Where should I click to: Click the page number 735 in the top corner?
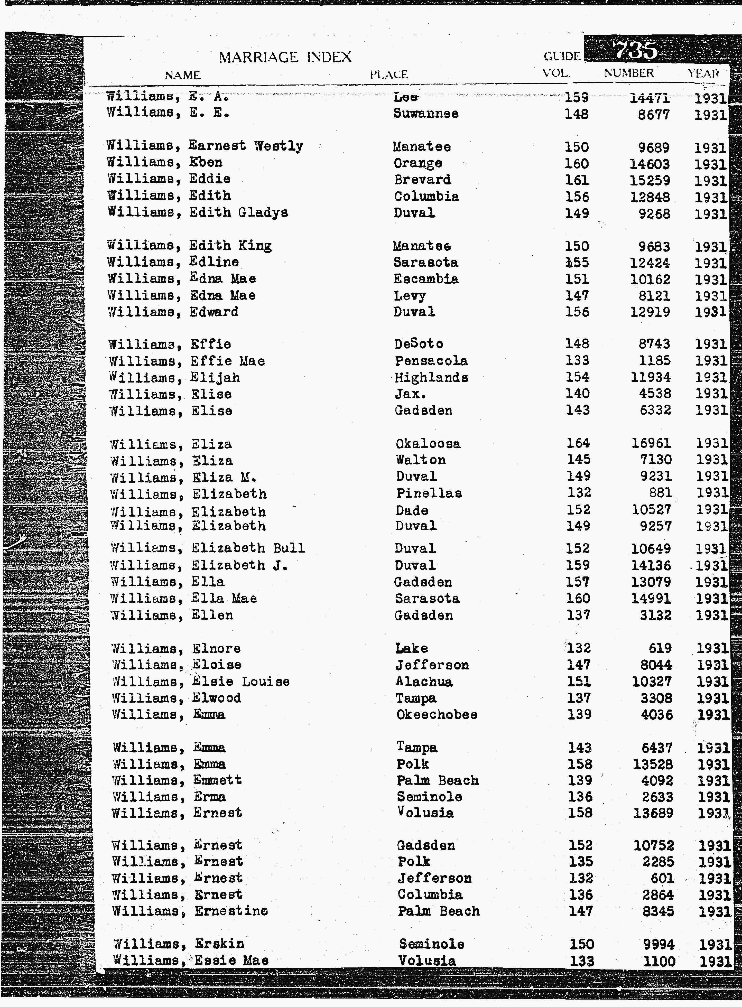[635, 50]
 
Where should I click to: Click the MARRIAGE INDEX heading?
[285, 57]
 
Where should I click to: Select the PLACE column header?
[389, 74]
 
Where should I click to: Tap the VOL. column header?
[556, 73]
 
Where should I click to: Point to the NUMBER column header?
[628, 73]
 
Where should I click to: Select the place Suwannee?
[426, 114]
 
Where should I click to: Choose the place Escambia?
[426, 279]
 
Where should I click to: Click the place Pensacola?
[431, 360]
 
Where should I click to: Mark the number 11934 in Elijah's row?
[650, 377]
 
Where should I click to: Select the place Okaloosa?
[428, 444]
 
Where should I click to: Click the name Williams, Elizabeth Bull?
[208, 548]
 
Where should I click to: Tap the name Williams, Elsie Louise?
[201, 682]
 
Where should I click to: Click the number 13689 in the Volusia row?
[653, 813]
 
